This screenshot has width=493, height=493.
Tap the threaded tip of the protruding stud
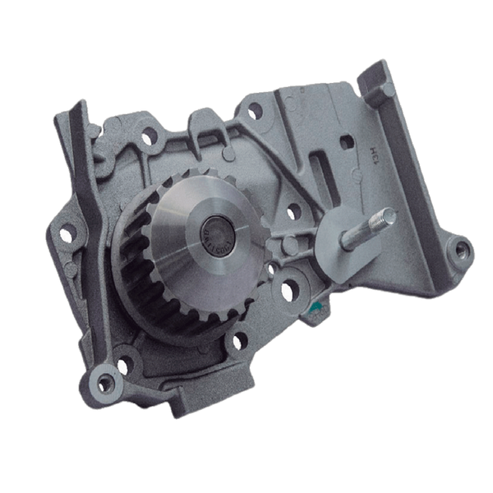tap(386, 217)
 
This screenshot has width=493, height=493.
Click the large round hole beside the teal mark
tap(288, 290)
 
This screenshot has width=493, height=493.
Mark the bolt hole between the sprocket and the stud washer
tap(293, 212)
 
